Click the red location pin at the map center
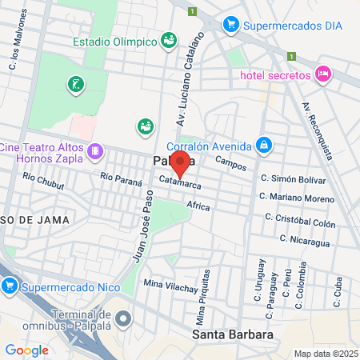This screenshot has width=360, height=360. coord(180,165)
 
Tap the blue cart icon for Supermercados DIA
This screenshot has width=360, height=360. coord(231,24)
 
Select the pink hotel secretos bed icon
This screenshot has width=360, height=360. coord(323,74)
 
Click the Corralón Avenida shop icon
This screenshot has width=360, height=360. coord(263,145)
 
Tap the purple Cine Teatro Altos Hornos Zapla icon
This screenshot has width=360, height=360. coord(95,150)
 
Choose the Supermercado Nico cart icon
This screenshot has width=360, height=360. coord(10,285)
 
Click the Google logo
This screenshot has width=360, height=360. coord(26,350)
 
